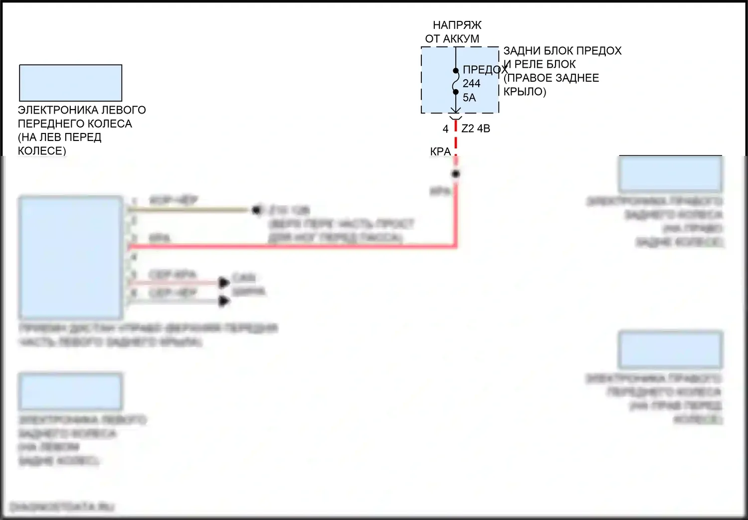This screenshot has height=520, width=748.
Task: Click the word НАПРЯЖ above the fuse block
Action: tap(457, 25)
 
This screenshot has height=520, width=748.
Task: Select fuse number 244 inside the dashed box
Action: tap(471, 84)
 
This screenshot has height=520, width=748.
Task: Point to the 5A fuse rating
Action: tap(469, 98)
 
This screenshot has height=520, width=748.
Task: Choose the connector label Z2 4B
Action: tap(476, 129)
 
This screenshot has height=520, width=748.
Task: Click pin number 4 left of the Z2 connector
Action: tap(445, 129)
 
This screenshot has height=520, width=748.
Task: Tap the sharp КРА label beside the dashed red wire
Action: tap(440, 151)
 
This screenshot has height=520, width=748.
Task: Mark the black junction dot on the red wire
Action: tap(455, 174)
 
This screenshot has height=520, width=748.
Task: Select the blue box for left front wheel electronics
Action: tap(71, 83)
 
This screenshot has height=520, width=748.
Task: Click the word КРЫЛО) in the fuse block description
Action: tap(525, 92)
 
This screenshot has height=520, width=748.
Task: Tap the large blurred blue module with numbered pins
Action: tap(71, 258)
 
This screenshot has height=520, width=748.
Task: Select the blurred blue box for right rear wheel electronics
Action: tap(670, 174)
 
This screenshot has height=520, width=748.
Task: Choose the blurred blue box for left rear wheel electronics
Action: tap(71, 391)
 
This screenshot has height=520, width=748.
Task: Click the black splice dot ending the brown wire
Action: tap(256, 210)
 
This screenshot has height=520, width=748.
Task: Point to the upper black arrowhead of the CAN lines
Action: tap(224, 283)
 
